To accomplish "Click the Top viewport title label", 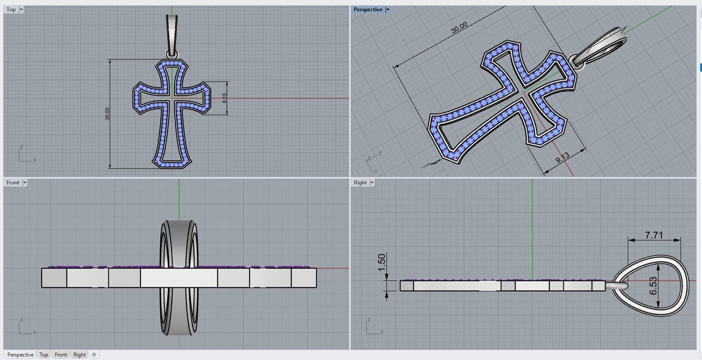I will [11, 10].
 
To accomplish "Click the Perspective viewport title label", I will [368, 10].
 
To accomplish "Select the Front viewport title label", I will [13, 183].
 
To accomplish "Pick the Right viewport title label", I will [360, 183].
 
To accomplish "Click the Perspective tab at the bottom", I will [20, 355].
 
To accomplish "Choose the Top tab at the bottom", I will [44, 355].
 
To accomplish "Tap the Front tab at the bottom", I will [61, 355].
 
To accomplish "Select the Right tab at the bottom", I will [80, 355].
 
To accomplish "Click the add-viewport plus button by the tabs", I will [94, 355].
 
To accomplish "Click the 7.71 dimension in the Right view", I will [654, 235].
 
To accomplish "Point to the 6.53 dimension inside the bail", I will [653, 286].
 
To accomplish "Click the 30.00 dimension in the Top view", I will [107, 114].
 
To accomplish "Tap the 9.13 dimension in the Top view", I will [224, 98].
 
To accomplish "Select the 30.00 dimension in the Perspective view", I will [459, 27].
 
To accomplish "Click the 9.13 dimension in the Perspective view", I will [562, 157].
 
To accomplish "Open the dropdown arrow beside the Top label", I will [21, 10].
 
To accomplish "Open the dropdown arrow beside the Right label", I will [372, 183].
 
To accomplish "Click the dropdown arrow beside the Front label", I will [25, 183].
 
